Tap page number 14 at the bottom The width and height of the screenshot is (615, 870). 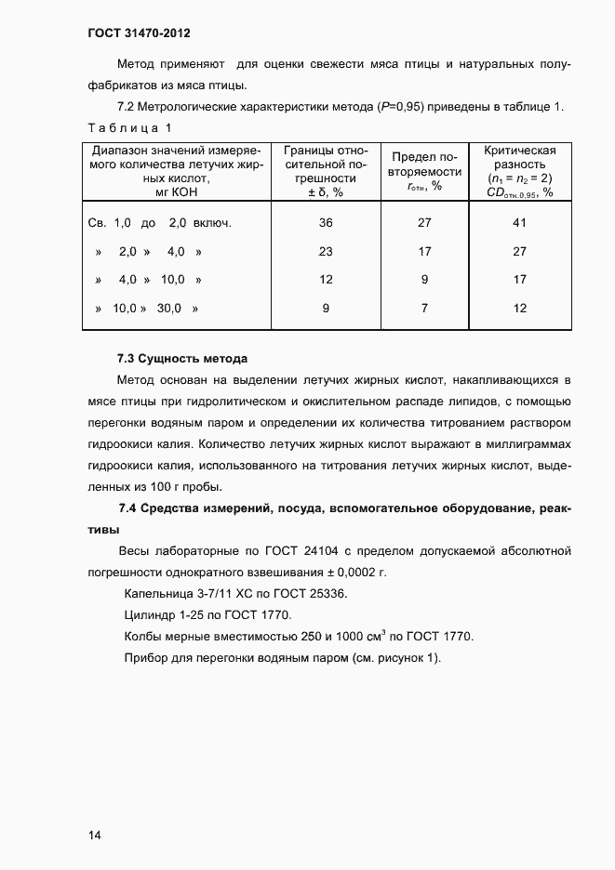(94, 835)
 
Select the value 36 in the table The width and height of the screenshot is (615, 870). (326, 223)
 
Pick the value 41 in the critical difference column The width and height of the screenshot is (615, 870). (519, 223)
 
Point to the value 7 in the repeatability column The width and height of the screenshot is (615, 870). (424, 308)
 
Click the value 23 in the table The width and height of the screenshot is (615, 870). (326, 251)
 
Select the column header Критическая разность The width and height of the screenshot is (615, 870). (519, 157)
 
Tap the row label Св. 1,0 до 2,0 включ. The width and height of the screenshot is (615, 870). (158, 223)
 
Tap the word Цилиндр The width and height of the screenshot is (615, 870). (150, 615)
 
